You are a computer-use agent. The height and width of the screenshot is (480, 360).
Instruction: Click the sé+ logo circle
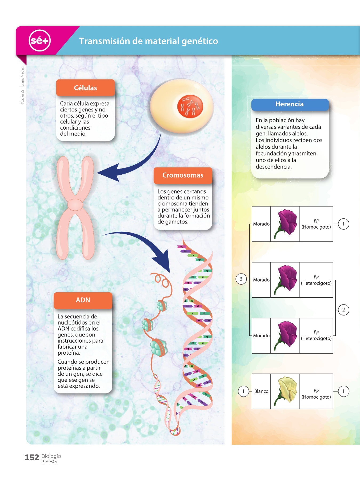[x=39, y=41]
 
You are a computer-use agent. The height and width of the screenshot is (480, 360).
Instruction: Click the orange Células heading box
[x=85, y=88]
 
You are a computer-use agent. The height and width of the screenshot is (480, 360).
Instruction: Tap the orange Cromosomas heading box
[x=183, y=175]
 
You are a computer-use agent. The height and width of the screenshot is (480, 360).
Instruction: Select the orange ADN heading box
[x=83, y=300]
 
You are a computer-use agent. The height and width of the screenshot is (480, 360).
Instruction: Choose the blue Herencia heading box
[x=290, y=104]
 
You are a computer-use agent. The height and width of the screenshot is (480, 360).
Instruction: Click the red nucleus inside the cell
[x=190, y=106]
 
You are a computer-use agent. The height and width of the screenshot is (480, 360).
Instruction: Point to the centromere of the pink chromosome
[x=75, y=205]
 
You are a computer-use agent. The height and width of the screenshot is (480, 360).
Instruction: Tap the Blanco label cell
[x=261, y=391]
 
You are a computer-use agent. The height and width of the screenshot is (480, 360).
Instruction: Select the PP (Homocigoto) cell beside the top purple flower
[x=316, y=224]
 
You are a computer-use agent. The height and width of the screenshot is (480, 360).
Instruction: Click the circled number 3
[x=241, y=279]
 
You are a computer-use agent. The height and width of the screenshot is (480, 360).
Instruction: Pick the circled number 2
[x=343, y=310]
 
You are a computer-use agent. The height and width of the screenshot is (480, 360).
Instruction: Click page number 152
[x=32, y=458]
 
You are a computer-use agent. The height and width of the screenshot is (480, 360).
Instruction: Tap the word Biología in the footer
[x=51, y=456]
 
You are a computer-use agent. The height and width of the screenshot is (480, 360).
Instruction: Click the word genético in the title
[x=200, y=41]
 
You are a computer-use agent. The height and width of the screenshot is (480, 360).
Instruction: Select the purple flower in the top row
[x=286, y=223]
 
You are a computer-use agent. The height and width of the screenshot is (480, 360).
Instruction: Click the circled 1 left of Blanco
[x=243, y=391]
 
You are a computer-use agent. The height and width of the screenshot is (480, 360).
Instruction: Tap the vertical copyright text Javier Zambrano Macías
[x=22, y=86]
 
